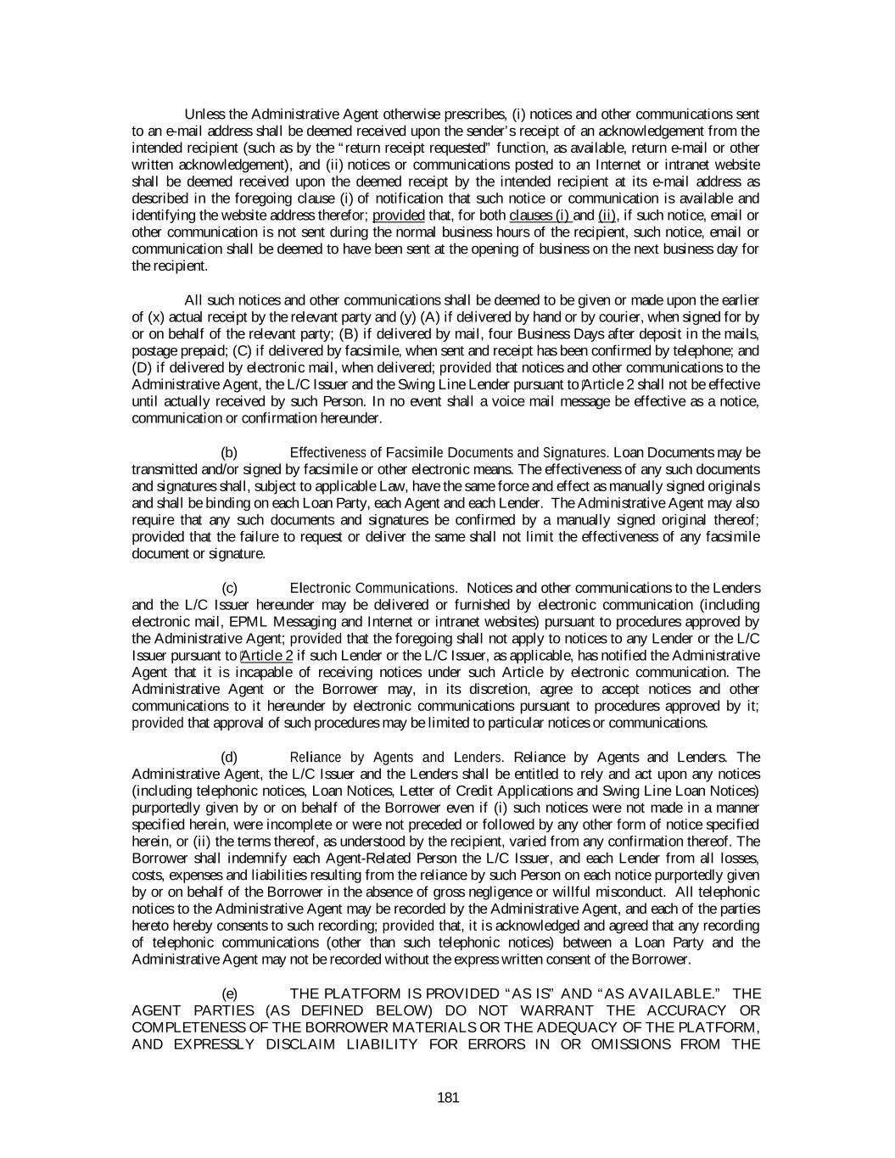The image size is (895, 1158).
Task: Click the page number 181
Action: click(448, 1099)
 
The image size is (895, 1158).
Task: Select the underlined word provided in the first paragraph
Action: click(398, 215)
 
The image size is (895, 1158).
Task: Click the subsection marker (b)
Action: click(229, 452)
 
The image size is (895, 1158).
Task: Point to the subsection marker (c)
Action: click(229, 588)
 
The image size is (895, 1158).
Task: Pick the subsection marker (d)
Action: click(229, 757)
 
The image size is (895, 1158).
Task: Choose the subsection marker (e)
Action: click(229, 993)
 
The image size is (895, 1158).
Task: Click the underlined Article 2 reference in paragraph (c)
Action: click(267, 656)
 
